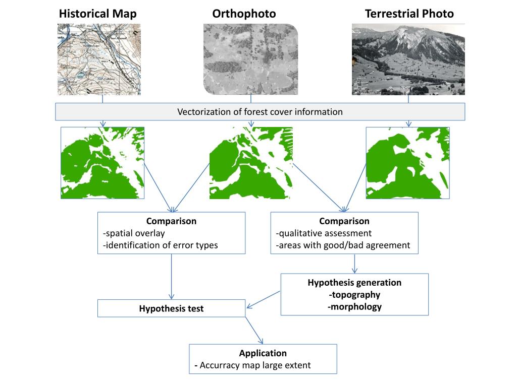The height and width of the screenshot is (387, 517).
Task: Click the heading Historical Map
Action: pyautogui.click(x=97, y=14)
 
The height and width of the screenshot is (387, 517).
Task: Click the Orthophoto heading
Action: pyautogui.click(x=244, y=14)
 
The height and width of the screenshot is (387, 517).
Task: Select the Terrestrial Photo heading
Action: pyautogui.click(x=409, y=14)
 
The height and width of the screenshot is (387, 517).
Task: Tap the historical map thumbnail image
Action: pyautogui.click(x=99, y=59)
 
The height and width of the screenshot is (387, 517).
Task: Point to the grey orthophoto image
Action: pyautogui.click(x=250, y=59)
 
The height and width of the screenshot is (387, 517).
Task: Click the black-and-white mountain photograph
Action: pyautogui.click(x=408, y=59)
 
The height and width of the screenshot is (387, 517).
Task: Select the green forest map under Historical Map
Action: pyautogui.click(x=102, y=163)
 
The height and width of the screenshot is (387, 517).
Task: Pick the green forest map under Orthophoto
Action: pyautogui.click(x=251, y=163)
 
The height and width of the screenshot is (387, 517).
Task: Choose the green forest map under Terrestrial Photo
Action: pyautogui.click(x=407, y=163)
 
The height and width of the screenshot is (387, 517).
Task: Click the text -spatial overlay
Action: pyautogui.click(x=134, y=233)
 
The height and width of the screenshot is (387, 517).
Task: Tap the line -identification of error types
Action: pyautogui.click(x=160, y=245)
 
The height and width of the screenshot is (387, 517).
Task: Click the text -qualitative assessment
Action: pyautogui.click(x=324, y=233)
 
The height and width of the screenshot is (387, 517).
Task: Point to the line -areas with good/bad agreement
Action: pyautogui.click(x=343, y=245)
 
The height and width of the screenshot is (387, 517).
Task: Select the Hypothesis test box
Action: pyautogui.click(x=171, y=308)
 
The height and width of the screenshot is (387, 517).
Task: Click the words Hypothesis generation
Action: pyautogui.click(x=354, y=282)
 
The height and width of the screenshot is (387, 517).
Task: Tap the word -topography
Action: pyautogui.click(x=354, y=295)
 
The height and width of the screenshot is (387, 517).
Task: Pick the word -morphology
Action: pyautogui.click(x=354, y=306)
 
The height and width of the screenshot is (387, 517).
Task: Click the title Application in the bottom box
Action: pyautogui.click(x=263, y=353)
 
